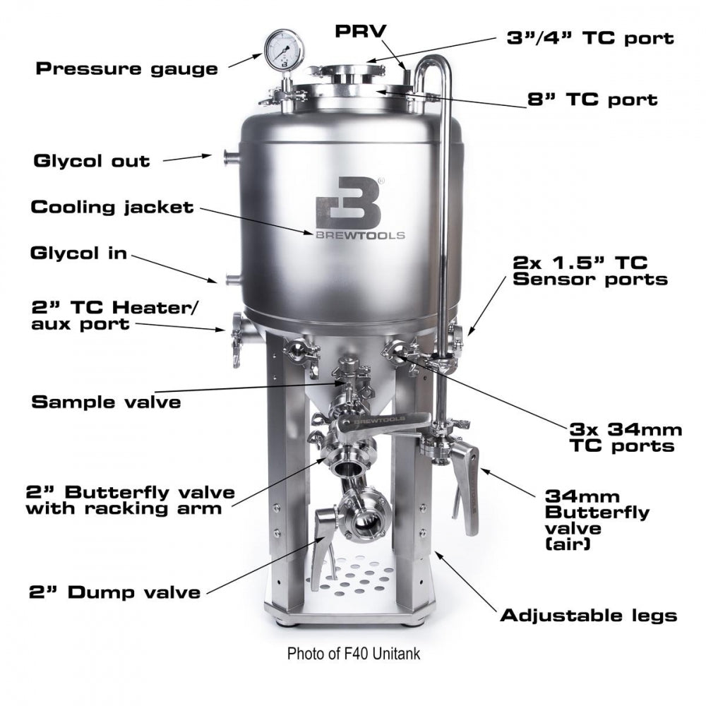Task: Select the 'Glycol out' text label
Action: (x=92, y=161)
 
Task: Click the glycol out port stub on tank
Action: (x=231, y=157)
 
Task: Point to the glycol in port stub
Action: (x=231, y=280)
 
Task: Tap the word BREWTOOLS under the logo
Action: (x=359, y=236)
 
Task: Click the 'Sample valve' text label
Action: (x=107, y=402)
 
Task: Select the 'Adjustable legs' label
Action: (x=589, y=615)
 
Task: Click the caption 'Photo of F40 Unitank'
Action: (x=354, y=654)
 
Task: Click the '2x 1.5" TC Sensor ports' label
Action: (x=589, y=271)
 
